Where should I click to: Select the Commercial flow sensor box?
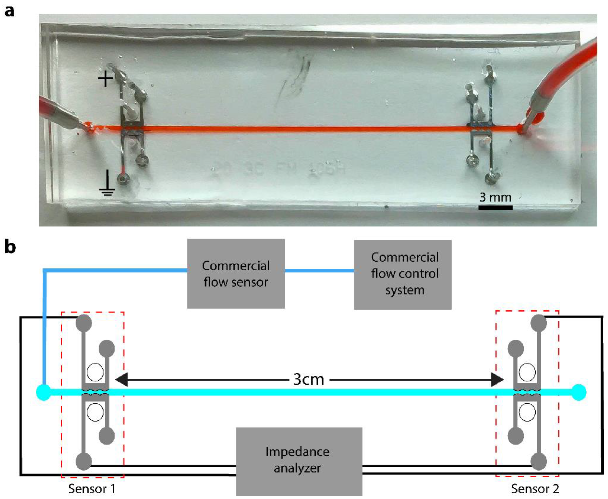(236, 273)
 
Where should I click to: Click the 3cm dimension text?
(309, 379)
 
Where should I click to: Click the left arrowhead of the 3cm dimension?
(121, 380)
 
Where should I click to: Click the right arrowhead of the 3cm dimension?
(497, 380)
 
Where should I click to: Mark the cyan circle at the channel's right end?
(578, 392)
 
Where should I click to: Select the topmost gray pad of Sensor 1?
(84, 323)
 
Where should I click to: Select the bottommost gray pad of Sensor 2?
(538, 462)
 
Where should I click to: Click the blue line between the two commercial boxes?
(319, 271)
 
